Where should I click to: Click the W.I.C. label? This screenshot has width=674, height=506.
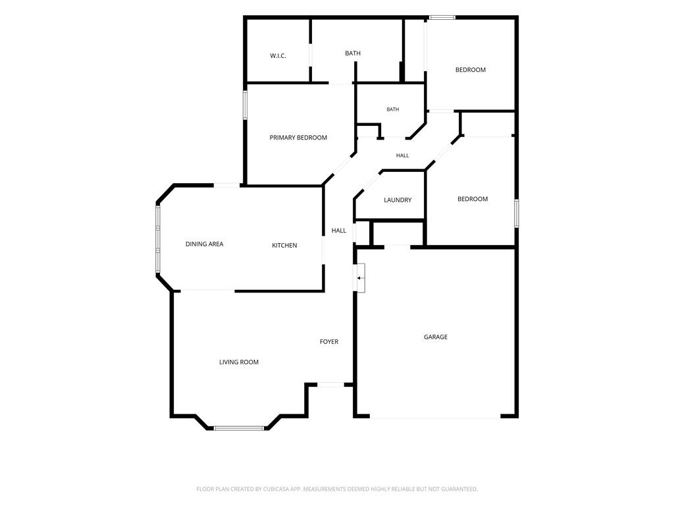pyautogui.click(x=278, y=56)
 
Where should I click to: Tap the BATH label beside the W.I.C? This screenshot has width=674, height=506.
pyautogui.click(x=353, y=53)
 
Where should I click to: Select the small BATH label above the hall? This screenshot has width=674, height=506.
pyautogui.click(x=392, y=109)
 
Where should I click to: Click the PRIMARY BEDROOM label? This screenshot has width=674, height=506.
pyautogui.click(x=298, y=138)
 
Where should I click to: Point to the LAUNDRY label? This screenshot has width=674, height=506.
pyautogui.click(x=397, y=200)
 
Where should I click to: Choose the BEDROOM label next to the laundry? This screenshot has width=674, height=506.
pyautogui.click(x=473, y=199)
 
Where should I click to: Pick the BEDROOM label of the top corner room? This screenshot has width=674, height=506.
pyautogui.click(x=470, y=70)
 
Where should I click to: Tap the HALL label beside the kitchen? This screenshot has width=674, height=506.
pyautogui.click(x=339, y=231)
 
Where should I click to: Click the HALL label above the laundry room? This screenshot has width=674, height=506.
pyautogui.click(x=402, y=155)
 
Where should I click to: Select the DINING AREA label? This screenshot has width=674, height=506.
pyautogui.click(x=204, y=244)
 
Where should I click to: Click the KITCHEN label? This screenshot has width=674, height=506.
pyautogui.click(x=284, y=245)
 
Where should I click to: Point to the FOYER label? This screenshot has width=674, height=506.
pyautogui.click(x=329, y=342)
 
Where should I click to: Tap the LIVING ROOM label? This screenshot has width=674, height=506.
pyautogui.click(x=238, y=362)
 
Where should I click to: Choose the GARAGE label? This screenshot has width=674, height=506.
pyautogui.click(x=436, y=337)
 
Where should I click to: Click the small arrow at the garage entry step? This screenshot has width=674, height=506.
pyautogui.click(x=359, y=278)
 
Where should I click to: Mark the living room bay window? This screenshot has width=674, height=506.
pyautogui.click(x=239, y=428)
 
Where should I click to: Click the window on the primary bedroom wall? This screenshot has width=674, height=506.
pyautogui.click(x=245, y=105)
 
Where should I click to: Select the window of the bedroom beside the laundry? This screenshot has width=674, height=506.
pyautogui.click(x=517, y=213)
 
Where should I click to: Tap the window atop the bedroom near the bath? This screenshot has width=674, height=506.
pyautogui.click(x=442, y=18)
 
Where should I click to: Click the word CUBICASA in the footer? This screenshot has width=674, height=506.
pyautogui.click(x=282, y=490)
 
